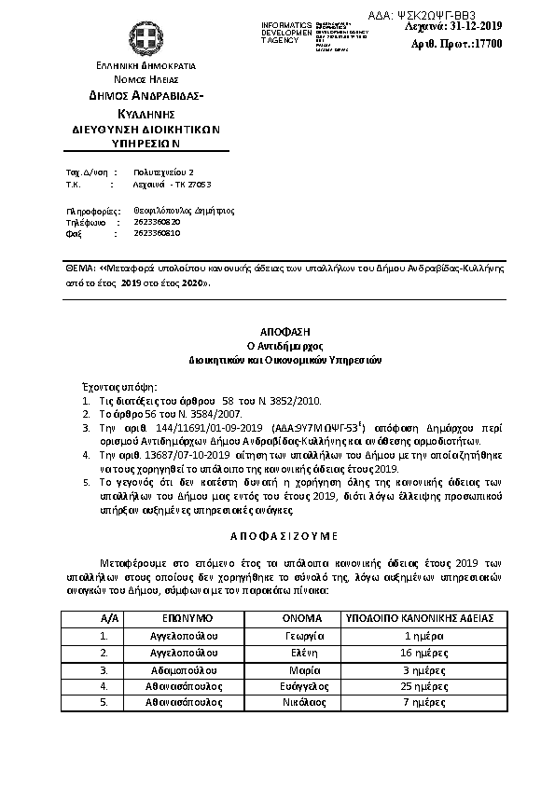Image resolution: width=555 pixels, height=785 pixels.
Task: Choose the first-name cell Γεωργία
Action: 303,635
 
